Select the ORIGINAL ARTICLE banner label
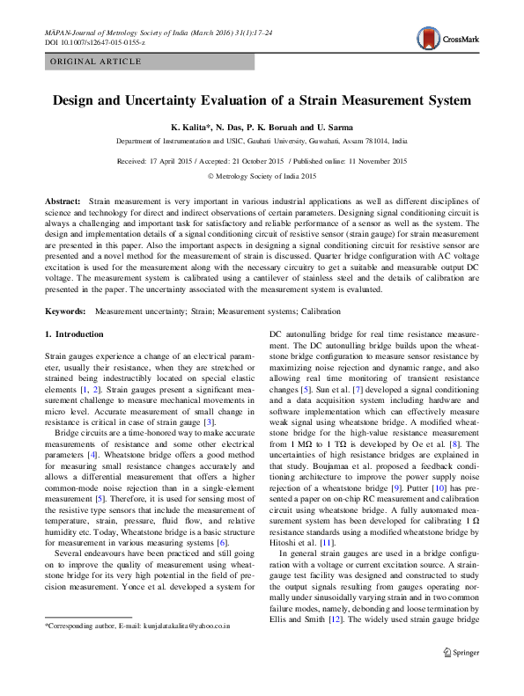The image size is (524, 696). (x=95, y=62)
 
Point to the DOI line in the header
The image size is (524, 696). (x=94, y=41)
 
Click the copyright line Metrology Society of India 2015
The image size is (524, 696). (x=262, y=176)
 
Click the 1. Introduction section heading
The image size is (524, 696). (x=73, y=334)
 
